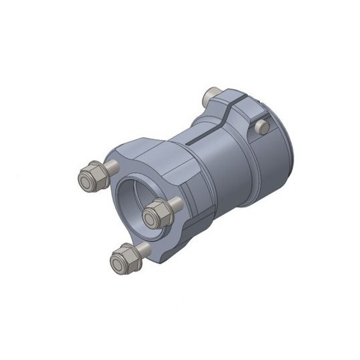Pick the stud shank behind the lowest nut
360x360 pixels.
144,249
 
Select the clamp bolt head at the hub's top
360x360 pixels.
210,95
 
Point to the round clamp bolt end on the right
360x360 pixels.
263,127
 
